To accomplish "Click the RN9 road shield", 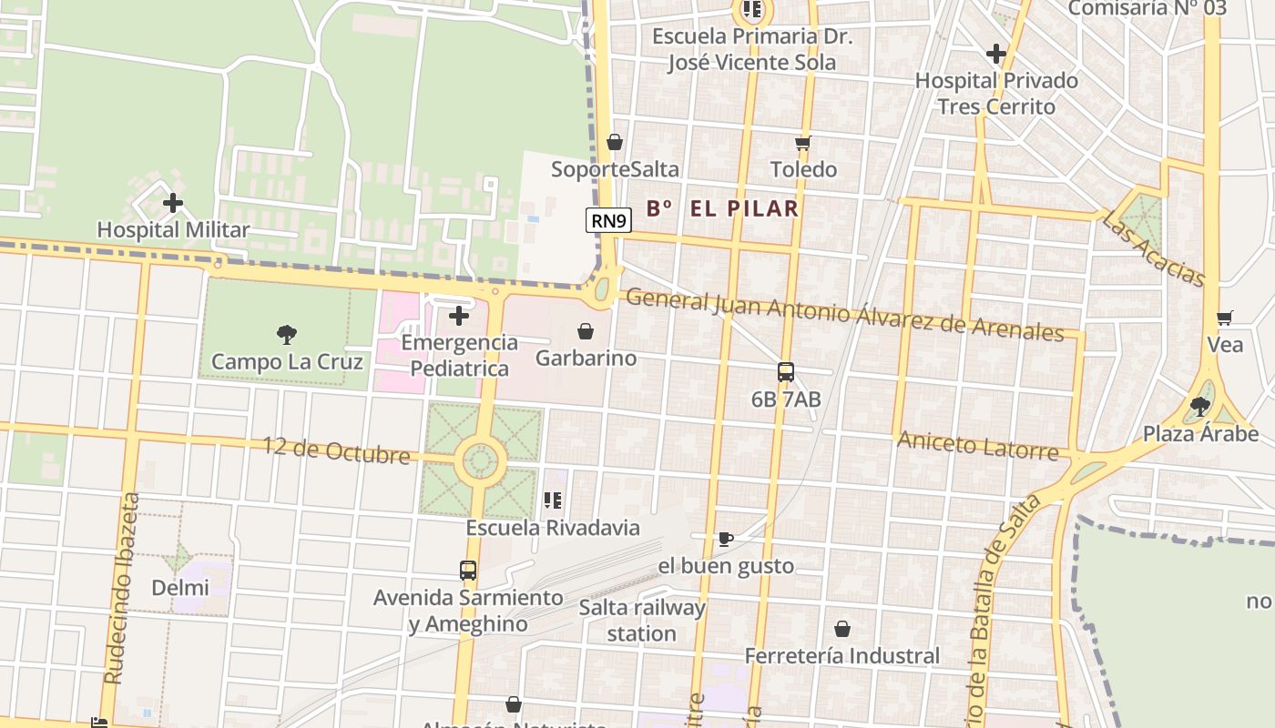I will coord(608,220).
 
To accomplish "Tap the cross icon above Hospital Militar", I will coord(173,203).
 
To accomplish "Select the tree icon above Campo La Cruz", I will coord(287,335).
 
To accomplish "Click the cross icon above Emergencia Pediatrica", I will coord(459,316).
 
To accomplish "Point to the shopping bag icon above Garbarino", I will coord(586,331).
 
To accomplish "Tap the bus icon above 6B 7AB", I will coord(786,372).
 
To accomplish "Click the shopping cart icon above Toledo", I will coord(802,143).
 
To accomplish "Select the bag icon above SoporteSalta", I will coord(615,142).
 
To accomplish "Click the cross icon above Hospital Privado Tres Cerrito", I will coord(996,54).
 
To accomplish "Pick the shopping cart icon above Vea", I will coord(1224,318).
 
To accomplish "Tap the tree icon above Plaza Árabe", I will coord(1200,406).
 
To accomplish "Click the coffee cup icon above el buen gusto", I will coord(725,539).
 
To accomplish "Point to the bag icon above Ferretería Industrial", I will coord(842,629).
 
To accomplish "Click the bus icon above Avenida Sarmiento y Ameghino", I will coord(468,571).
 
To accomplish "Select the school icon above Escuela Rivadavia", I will coord(552,500).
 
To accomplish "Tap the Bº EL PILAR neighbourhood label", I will coord(722,208).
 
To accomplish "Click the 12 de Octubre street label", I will coord(336,450).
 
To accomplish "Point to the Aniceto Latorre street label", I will coord(977,446).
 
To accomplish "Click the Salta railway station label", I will coord(642,621).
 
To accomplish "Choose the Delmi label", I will coord(179,588).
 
